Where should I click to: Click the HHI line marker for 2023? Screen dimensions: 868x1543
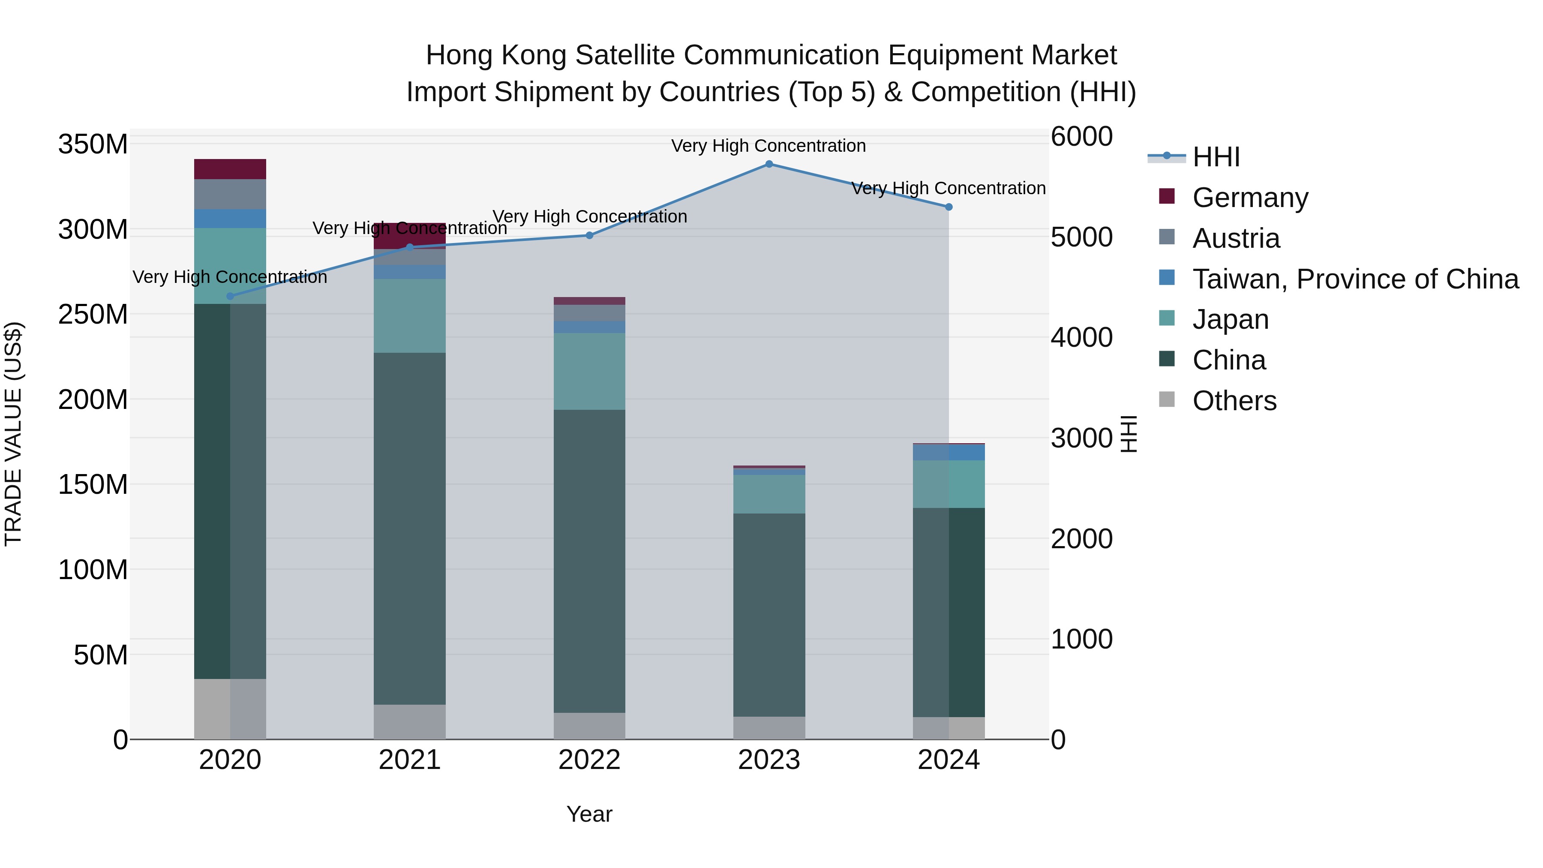[769, 164]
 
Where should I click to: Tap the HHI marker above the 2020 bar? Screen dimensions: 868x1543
[230, 296]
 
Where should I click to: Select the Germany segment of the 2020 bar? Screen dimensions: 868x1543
[230, 169]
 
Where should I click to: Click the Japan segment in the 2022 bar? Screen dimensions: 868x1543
[589, 371]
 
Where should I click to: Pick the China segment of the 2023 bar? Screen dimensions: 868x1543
[769, 615]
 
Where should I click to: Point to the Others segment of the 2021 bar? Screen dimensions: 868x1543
[410, 721]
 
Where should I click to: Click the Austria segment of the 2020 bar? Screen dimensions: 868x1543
[230, 194]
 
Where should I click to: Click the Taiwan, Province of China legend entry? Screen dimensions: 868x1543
[1355, 279]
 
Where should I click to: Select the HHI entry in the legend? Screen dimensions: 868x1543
[1216, 157]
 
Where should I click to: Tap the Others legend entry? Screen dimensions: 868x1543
[1234, 401]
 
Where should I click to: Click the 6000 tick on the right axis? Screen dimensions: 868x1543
[1082, 137]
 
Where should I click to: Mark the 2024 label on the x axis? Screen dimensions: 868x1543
[949, 760]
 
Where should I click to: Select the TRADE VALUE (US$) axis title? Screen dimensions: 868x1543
[13, 434]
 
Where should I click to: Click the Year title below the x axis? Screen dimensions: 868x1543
[589, 814]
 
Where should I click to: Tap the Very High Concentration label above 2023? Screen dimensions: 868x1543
[768, 146]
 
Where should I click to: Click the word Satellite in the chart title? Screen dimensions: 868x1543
[619, 55]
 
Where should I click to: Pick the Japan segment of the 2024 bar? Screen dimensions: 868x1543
[949, 484]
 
